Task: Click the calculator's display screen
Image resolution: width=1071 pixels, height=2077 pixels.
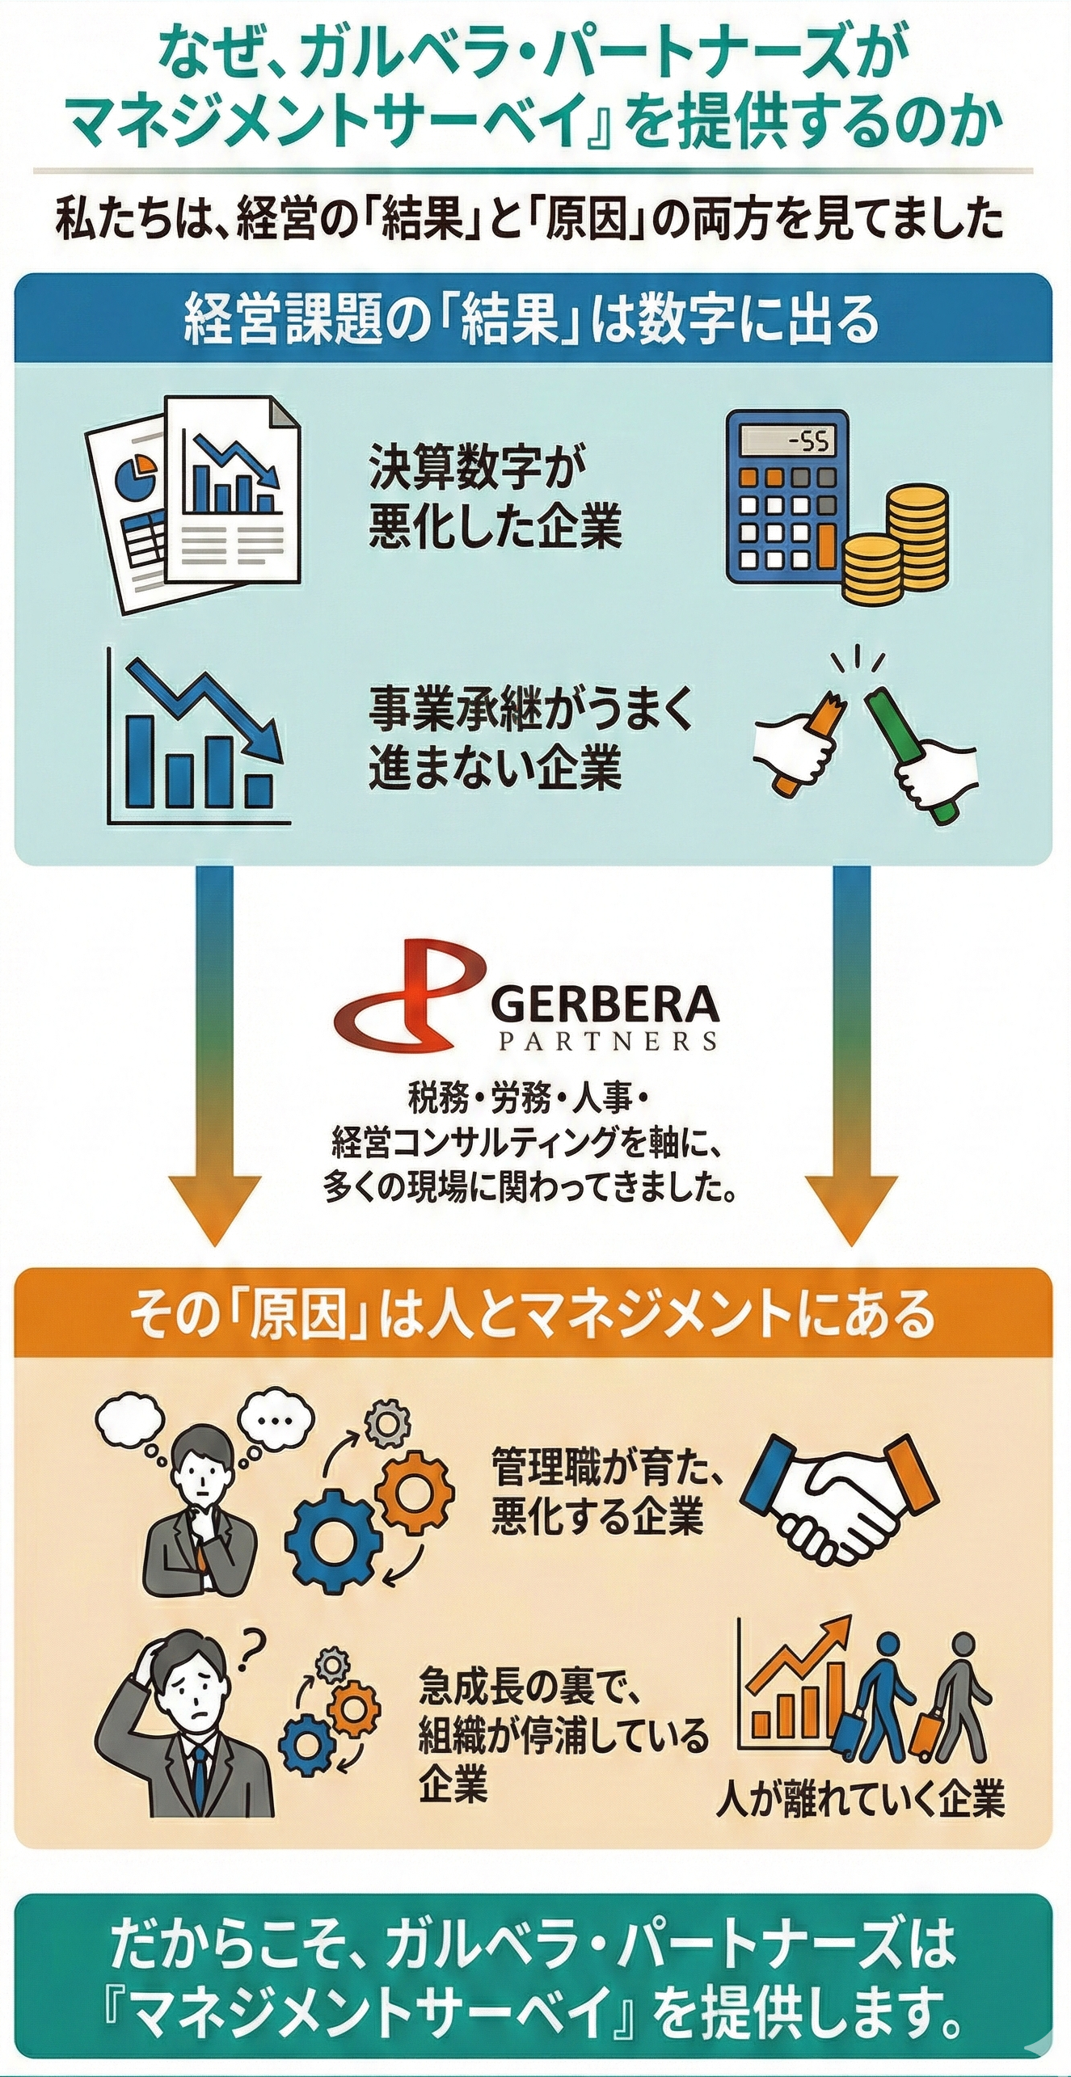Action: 788,441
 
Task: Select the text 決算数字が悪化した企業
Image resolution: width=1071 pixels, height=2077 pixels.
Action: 495,504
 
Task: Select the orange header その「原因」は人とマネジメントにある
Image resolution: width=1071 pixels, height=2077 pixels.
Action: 533,1316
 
